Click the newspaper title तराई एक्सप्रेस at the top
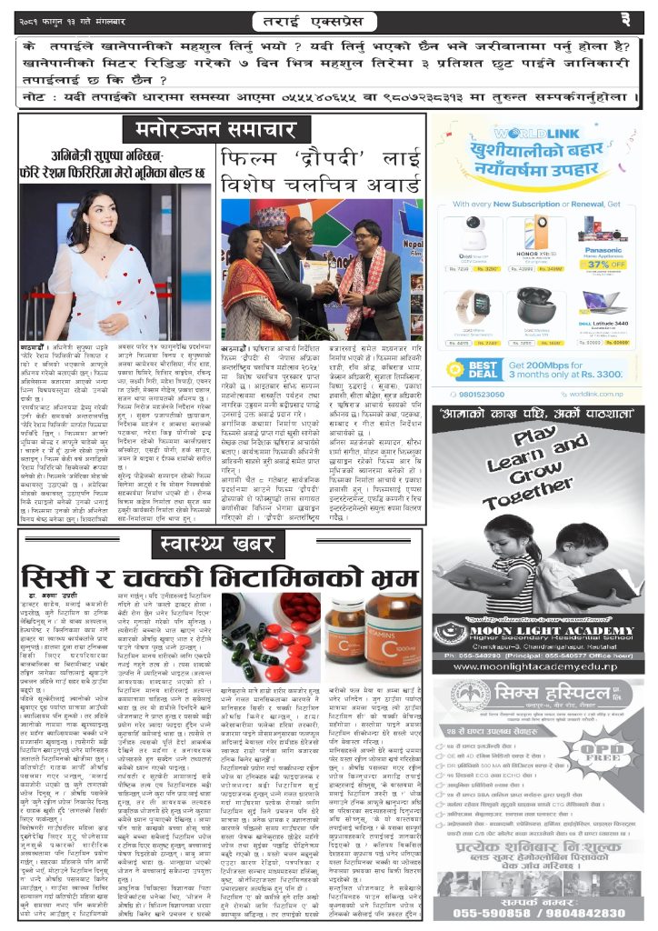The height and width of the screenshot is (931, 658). tap(328, 17)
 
